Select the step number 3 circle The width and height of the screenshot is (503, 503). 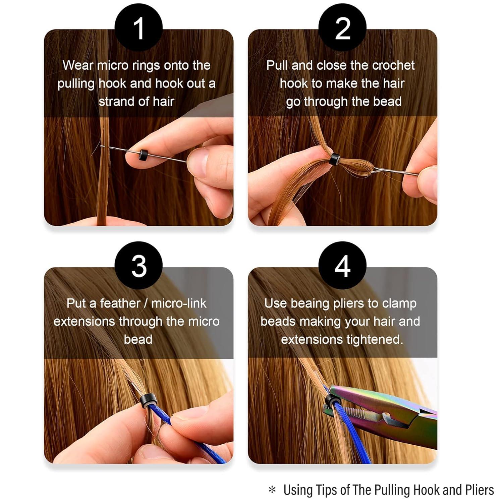click(138, 266)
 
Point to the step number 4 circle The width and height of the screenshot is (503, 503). click(342, 266)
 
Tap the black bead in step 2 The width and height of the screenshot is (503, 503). click(333, 159)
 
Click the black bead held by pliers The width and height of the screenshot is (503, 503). click(331, 400)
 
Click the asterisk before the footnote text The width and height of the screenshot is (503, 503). click(272, 490)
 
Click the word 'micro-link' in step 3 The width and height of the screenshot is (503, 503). click(179, 303)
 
